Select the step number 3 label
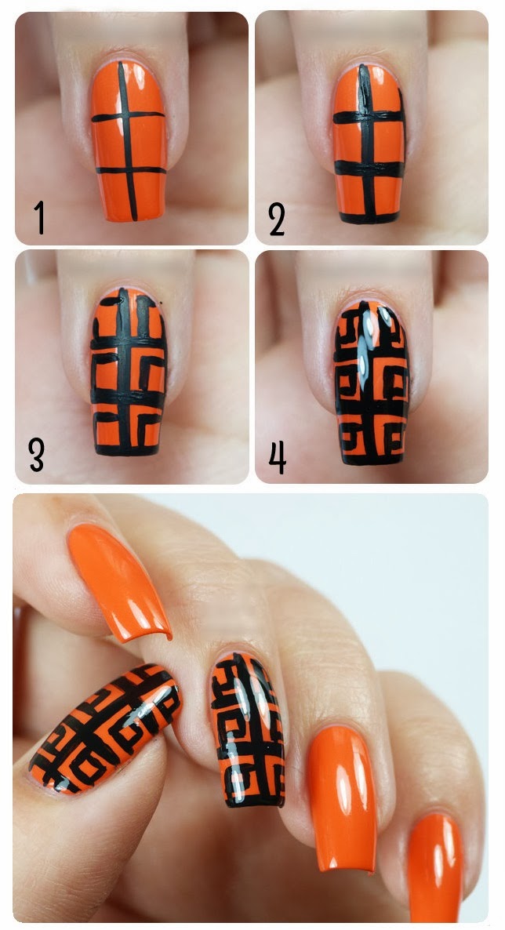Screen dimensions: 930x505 point(37,454)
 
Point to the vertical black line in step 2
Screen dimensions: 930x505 point(366,141)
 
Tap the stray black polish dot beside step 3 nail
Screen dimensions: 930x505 point(162,303)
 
